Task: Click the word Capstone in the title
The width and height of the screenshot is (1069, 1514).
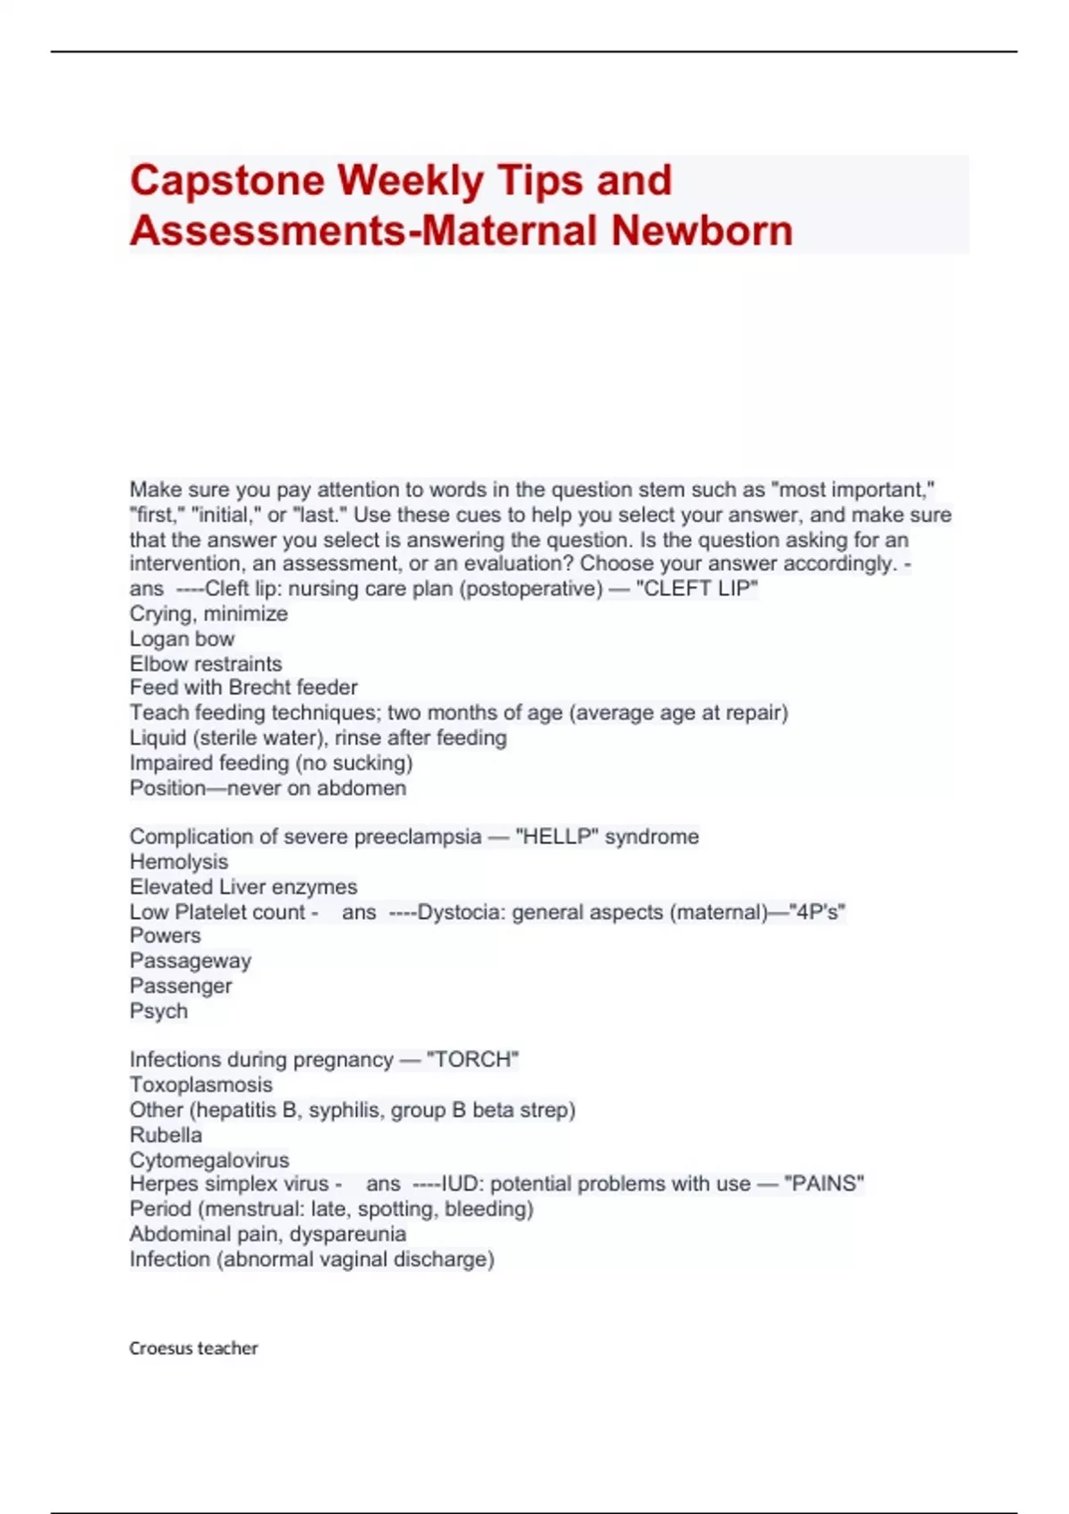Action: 226,181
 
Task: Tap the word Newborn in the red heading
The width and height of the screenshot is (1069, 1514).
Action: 702,230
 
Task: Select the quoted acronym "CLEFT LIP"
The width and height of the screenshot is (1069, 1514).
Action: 697,589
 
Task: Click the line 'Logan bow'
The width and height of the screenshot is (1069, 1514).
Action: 182,639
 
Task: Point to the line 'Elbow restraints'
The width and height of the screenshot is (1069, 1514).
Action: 206,663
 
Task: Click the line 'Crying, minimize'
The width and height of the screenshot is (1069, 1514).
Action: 208,614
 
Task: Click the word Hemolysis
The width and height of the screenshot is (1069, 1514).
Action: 179,862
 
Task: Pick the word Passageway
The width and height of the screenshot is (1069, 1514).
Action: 191,961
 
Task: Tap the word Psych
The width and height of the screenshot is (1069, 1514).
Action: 159,1011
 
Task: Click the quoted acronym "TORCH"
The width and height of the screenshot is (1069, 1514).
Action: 472,1060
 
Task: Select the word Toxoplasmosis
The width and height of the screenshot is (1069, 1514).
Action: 201,1085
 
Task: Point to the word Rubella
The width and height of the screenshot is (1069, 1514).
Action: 166,1135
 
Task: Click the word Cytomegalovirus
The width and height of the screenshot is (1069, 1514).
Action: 209,1160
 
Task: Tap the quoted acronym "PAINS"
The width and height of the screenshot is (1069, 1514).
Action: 824,1184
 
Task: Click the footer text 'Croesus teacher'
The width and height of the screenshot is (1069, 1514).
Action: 193,1348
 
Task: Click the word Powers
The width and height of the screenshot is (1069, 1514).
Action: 165,936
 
